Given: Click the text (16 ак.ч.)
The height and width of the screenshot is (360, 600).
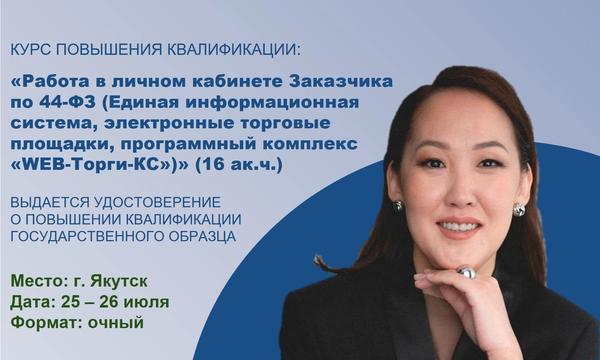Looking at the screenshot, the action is coord(239,165).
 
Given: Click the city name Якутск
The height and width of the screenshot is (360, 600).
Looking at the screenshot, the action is coord(119,281).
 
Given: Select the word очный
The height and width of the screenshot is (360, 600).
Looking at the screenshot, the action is coord(116,323).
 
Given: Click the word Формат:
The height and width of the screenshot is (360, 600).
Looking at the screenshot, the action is coord(47,323).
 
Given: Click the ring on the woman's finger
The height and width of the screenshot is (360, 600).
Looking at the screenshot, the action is coord(467,272).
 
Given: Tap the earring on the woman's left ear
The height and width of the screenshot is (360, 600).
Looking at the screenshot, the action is coord(519,210).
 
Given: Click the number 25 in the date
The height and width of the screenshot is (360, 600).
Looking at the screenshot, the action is coord(70,302).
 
